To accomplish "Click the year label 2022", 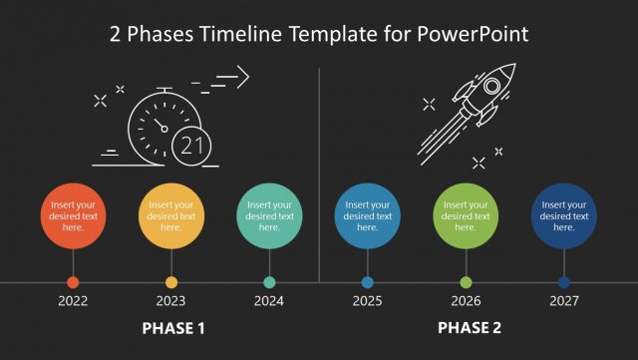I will (73, 300).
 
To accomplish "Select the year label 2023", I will (170, 300).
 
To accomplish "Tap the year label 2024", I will (269, 300).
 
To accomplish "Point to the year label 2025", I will (367, 300).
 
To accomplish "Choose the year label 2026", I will (466, 300).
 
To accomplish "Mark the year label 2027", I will (563, 300).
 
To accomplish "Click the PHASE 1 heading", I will (173, 328).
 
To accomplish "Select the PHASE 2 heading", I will (470, 328).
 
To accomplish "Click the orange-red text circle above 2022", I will (73, 215).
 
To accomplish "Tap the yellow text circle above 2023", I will (170, 215).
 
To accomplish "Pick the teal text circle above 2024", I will (269, 215).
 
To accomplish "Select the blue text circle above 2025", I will (367, 215).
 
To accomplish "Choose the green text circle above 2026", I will (466, 215).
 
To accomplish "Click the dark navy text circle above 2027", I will (563, 215).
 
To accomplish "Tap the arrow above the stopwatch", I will (232, 77).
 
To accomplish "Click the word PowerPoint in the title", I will (471, 34).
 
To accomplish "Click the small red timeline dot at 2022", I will (73, 282).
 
